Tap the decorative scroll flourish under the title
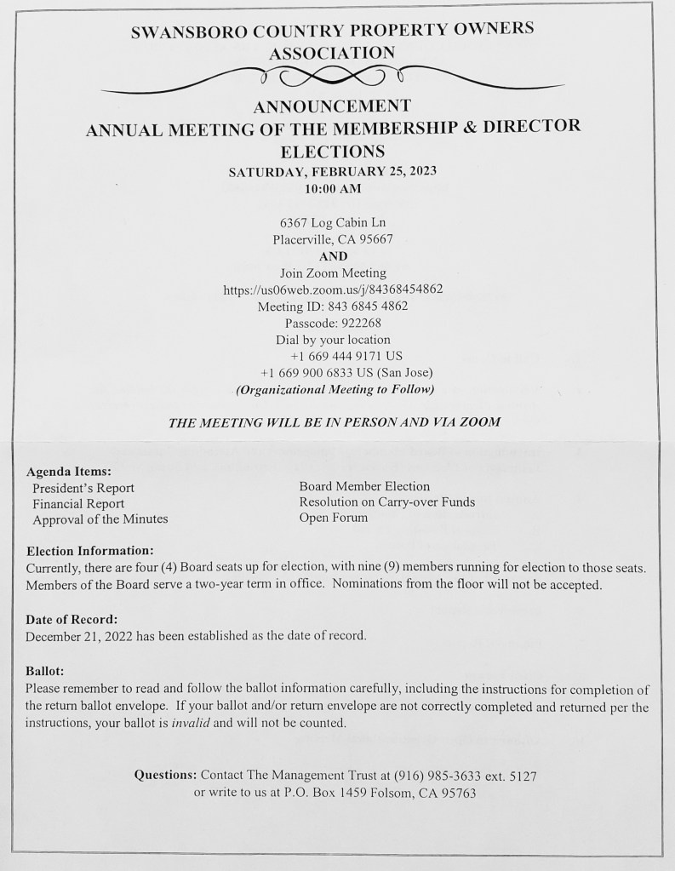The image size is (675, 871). [x=332, y=78]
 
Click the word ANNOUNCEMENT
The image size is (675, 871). [x=332, y=106]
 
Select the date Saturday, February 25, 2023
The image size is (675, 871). [x=333, y=171]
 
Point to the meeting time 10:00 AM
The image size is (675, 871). [x=333, y=188]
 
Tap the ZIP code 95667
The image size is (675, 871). [x=374, y=240]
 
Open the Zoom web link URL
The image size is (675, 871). [x=333, y=289]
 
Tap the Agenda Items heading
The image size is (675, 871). [x=70, y=471]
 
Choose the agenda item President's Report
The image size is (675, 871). [x=83, y=488]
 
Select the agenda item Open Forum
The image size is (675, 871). [x=334, y=518]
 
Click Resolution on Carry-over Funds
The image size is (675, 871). [x=386, y=502]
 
